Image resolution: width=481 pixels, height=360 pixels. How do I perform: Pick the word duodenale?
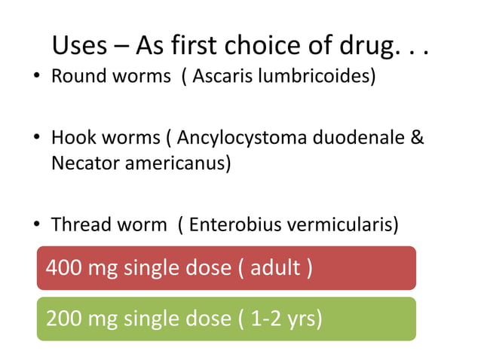354,139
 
